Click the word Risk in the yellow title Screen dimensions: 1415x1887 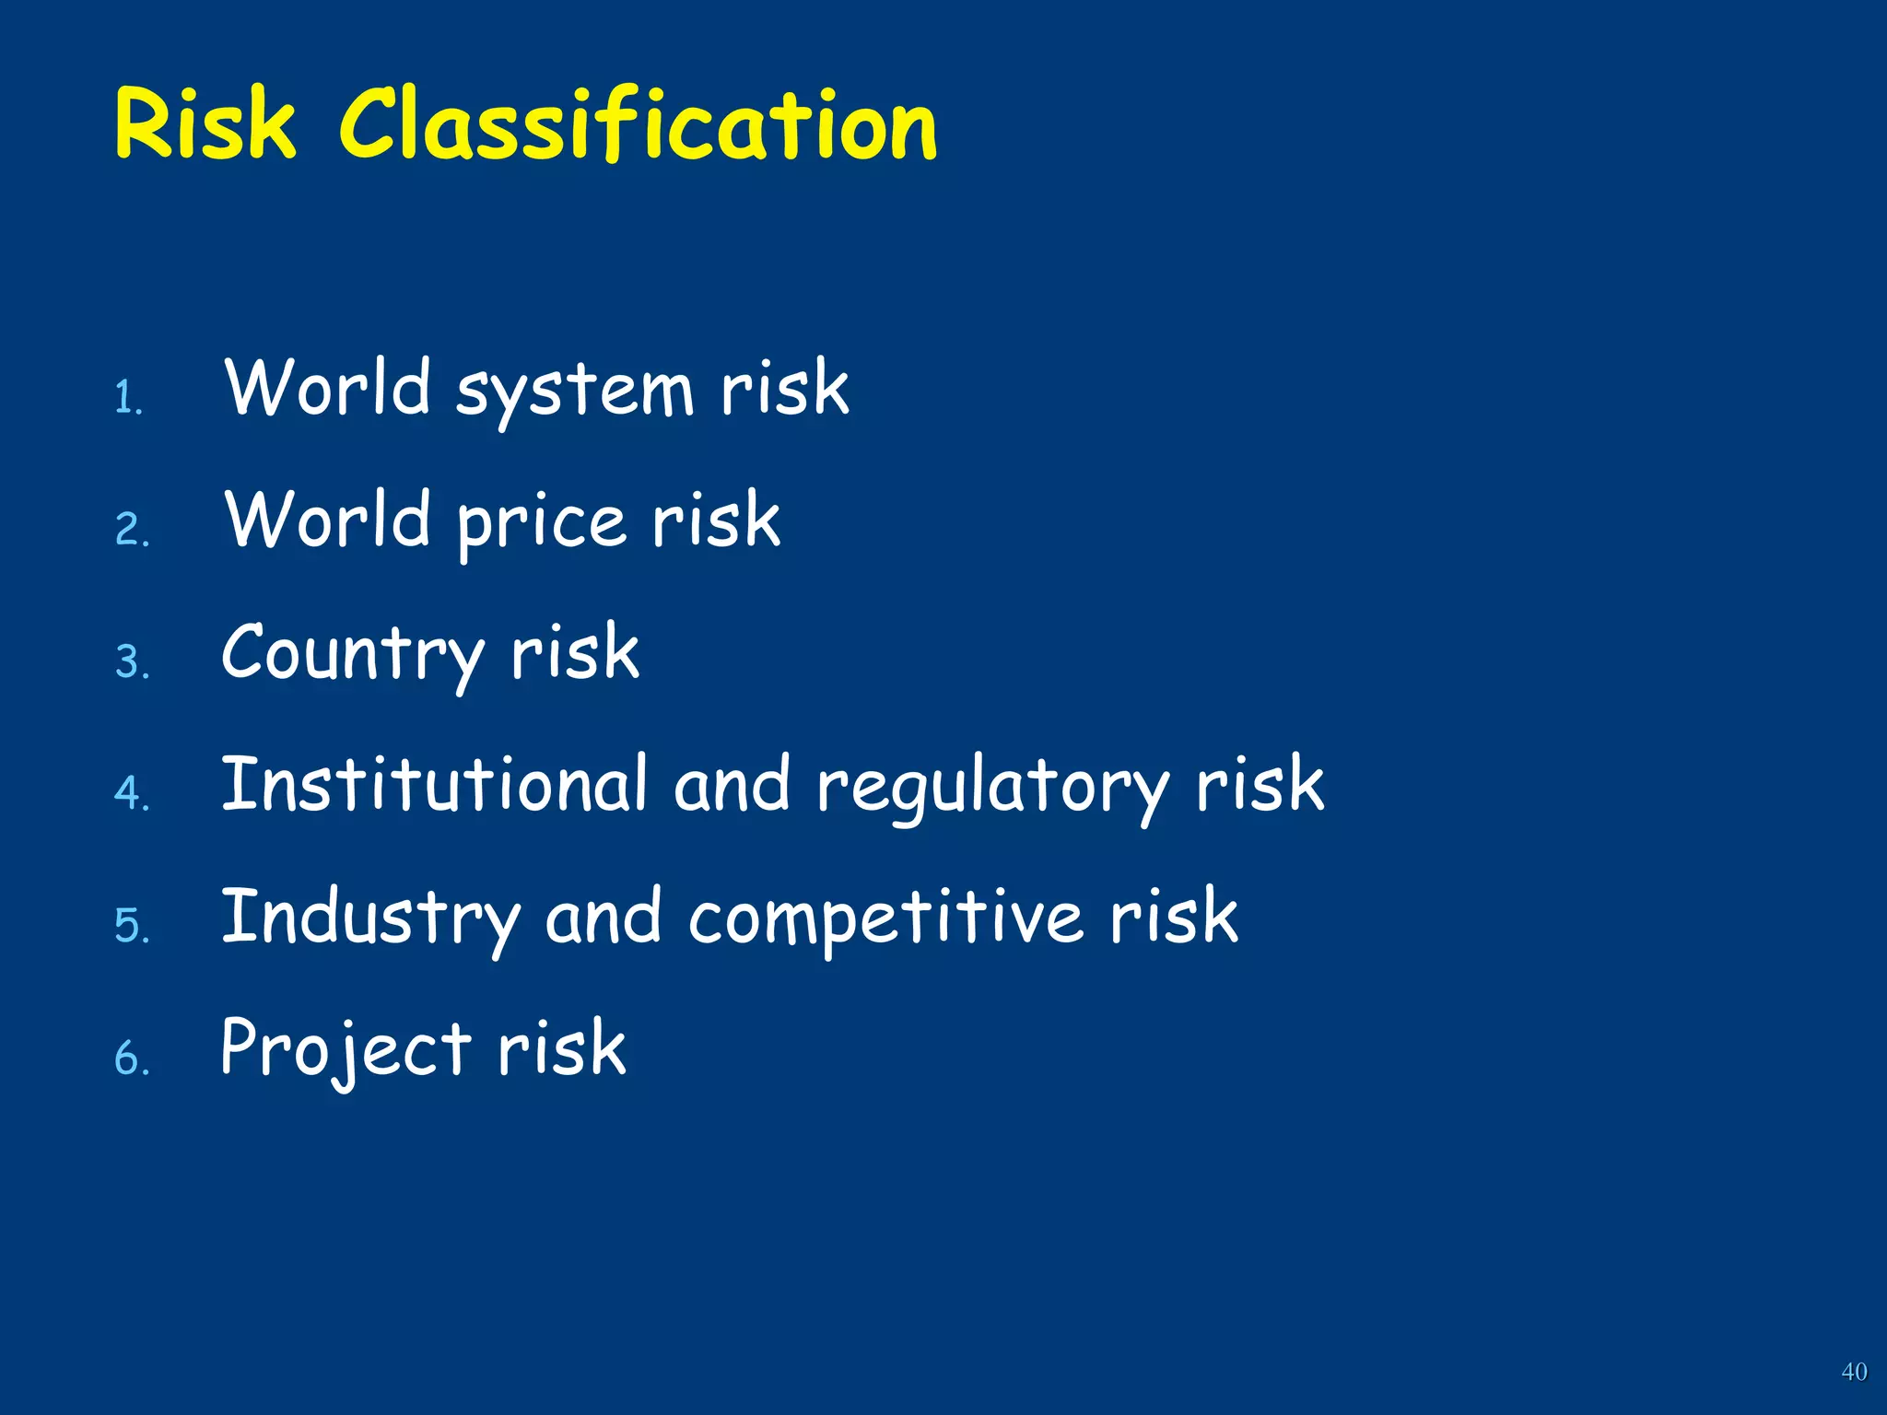coord(205,124)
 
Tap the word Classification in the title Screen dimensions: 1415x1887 coord(638,124)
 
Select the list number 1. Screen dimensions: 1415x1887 coord(129,398)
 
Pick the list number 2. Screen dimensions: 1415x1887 coord(132,530)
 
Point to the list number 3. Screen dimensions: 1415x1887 coord(132,661)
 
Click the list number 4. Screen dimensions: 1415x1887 coord(132,793)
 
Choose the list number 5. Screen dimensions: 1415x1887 coord(132,925)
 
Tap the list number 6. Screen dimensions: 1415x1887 coord(132,1058)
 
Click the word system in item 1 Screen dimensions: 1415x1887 coord(574,392)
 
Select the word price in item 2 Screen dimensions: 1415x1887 coord(542,523)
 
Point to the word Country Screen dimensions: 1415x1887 coord(352,655)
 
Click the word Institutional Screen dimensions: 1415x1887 coord(434,786)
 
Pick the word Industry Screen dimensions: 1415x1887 coord(370,918)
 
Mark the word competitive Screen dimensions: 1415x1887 coord(885,918)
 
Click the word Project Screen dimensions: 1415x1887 coord(346,1050)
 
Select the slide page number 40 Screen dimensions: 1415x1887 coord(1854,1372)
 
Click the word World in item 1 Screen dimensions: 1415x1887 coord(328,388)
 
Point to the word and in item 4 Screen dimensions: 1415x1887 coord(732,786)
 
